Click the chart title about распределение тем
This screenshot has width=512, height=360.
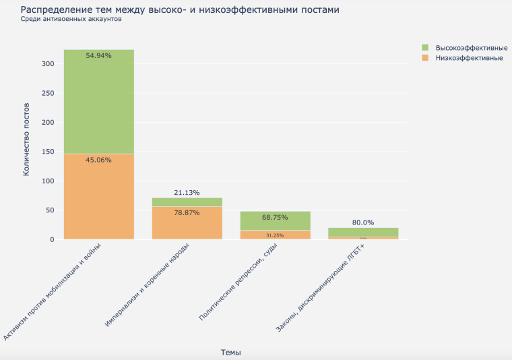[x=180, y=10]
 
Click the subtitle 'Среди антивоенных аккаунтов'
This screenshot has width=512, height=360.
[x=71, y=20]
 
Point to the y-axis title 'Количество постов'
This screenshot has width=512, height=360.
[x=26, y=140]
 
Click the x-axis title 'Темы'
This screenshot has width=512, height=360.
[x=230, y=352]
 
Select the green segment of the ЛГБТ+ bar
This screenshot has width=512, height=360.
[x=363, y=232]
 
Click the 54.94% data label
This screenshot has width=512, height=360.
[x=99, y=55]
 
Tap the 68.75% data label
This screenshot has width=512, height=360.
[x=275, y=218]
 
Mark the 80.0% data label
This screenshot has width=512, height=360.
[x=363, y=222]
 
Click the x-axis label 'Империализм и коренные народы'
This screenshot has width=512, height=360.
[x=152, y=283]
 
